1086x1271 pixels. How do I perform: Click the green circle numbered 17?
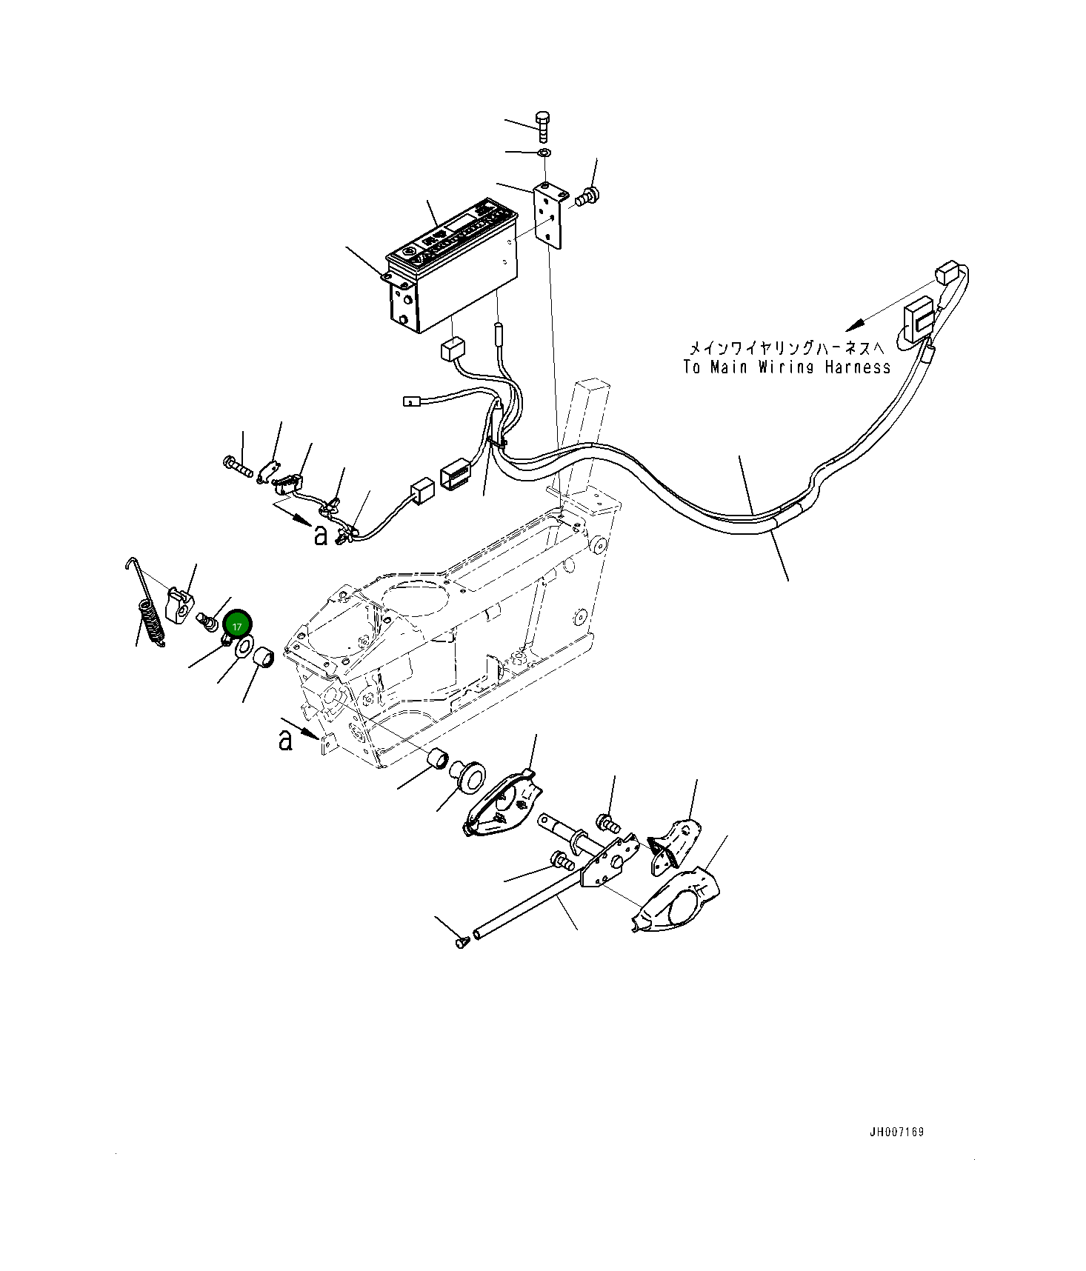[237, 626]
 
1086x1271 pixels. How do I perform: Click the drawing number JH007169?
[896, 1132]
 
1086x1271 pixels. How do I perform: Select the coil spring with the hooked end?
[151, 621]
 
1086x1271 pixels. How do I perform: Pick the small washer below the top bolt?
[543, 153]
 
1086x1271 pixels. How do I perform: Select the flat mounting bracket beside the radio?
[550, 216]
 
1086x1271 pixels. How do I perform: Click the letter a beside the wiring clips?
[320, 534]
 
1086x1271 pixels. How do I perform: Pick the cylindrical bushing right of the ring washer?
[264, 657]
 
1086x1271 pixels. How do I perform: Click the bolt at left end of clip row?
[236, 466]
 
